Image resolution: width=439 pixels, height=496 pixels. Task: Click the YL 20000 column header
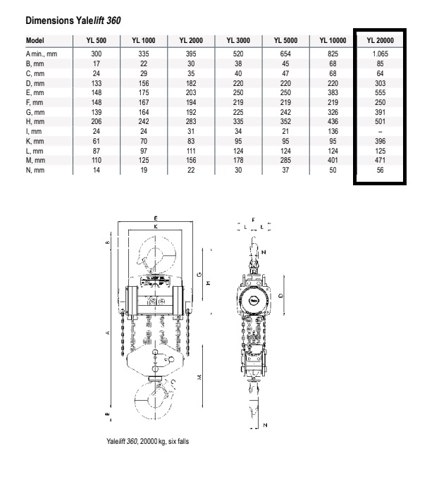tap(380, 40)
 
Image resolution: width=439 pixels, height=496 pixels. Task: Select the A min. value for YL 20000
tap(380, 54)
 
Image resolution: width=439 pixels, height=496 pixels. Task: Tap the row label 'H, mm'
tap(35, 122)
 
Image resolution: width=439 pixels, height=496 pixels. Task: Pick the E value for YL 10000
tap(333, 93)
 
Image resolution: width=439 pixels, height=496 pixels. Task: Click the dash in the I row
tap(381, 132)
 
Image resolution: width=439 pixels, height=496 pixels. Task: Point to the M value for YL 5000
tap(285, 161)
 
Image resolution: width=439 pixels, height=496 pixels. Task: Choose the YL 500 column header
tap(96, 40)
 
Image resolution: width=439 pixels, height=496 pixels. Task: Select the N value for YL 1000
tap(144, 170)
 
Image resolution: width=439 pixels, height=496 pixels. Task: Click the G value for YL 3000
tap(238, 112)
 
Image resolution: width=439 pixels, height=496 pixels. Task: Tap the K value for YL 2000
tap(191, 141)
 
